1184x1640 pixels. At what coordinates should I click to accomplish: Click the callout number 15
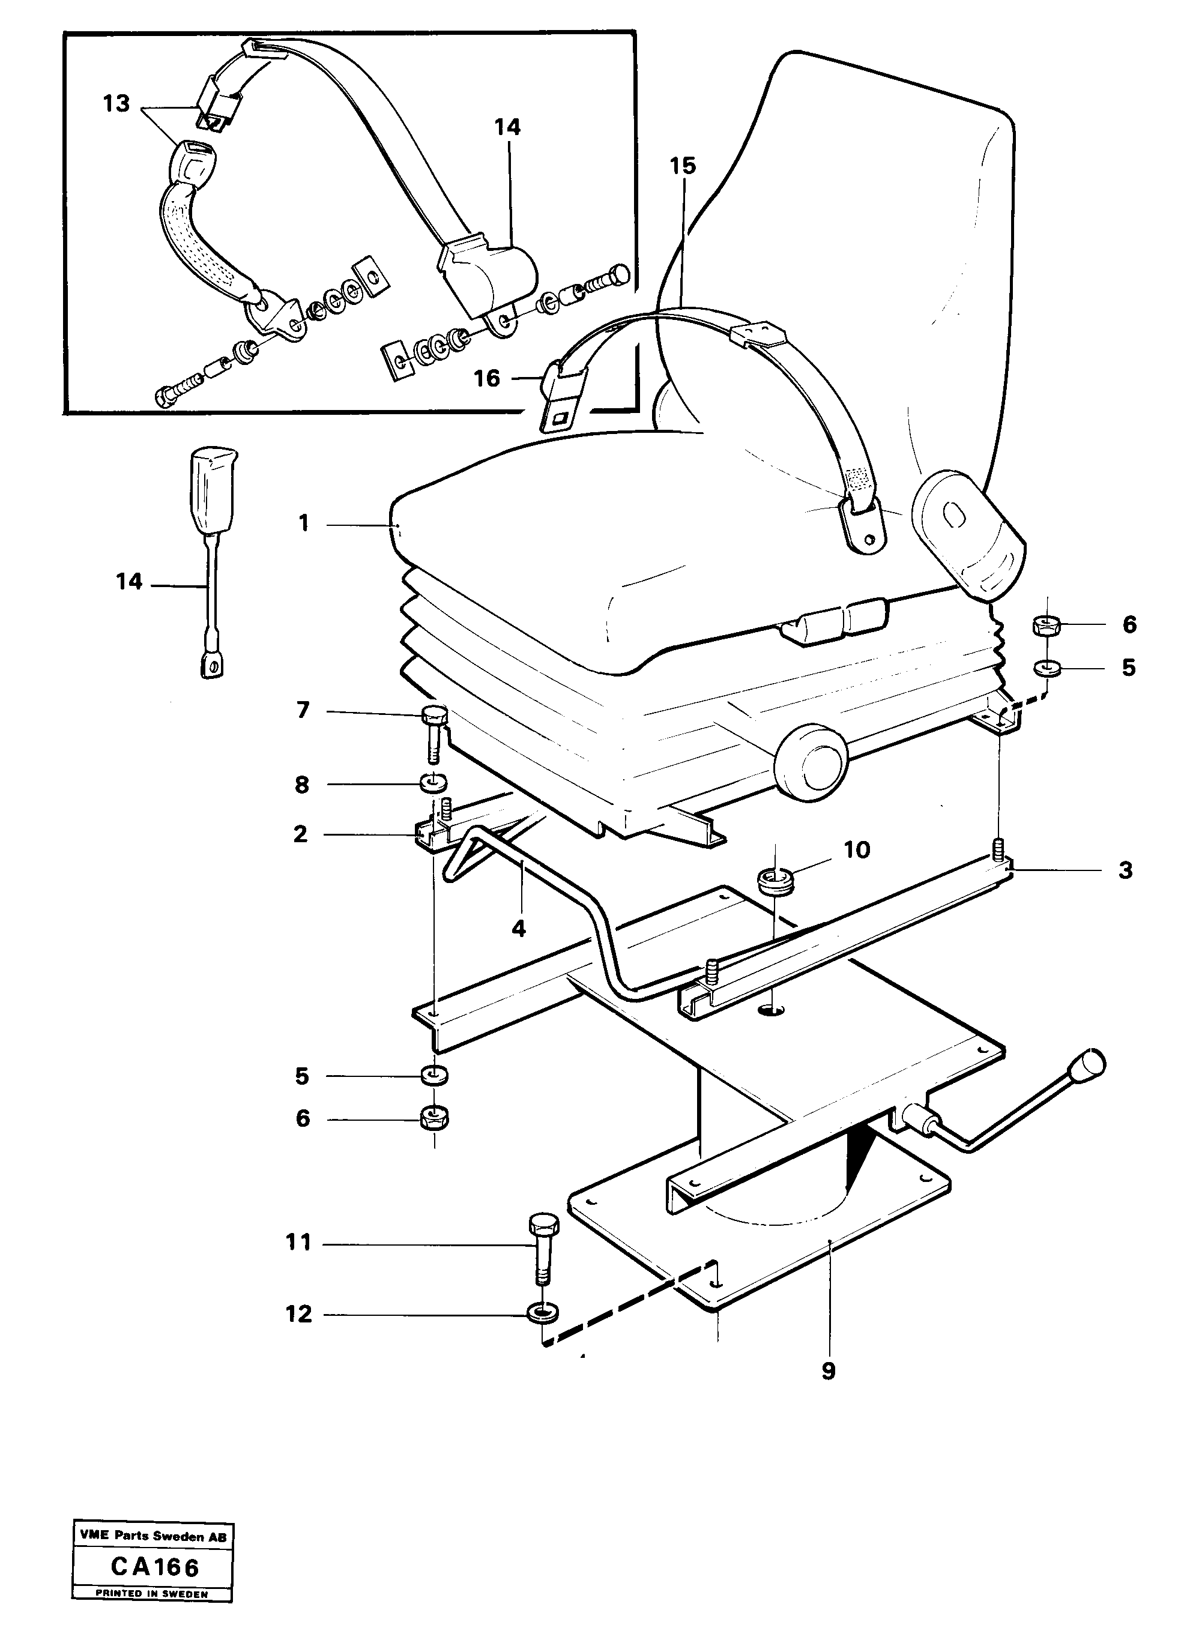[682, 166]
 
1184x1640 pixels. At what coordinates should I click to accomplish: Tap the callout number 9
[829, 1370]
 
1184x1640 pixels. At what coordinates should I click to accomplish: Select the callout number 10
[857, 849]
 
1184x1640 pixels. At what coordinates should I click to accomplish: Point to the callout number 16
[487, 378]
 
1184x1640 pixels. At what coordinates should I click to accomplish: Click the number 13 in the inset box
[116, 103]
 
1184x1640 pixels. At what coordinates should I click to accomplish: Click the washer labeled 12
[541, 1311]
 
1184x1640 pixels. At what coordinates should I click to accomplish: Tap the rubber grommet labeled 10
[775, 881]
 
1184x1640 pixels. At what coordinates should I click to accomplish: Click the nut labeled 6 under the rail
[434, 1120]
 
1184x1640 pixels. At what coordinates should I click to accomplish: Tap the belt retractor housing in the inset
[495, 275]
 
